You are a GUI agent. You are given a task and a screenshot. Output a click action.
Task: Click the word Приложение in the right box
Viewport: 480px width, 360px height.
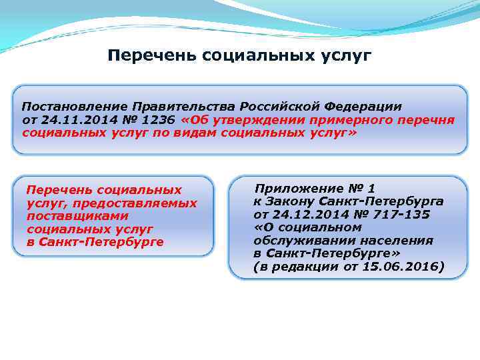tap(297, 189)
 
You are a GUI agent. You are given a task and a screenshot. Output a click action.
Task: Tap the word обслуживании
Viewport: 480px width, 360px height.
tap(302, 241)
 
